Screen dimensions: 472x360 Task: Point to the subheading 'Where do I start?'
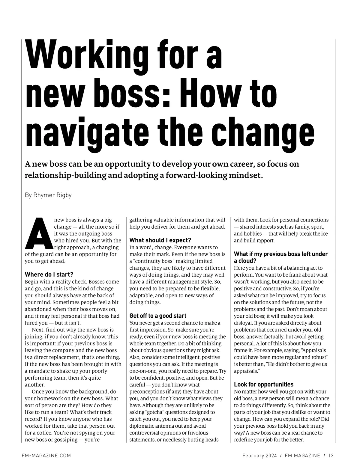pyautogui.click(x=49, y=275)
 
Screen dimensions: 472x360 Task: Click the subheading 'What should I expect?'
pyautogui.click(x=160, y=240)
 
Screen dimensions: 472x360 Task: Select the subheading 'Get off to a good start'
pyautogui.click(x=158, y=316)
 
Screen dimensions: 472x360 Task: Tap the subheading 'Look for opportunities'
pyautogui.click(x=264, y=384)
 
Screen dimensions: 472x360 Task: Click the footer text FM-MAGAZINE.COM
pyautogui.click(x=46, y=456)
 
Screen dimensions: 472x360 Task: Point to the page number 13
pyautogui.click(x=331, y=456)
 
